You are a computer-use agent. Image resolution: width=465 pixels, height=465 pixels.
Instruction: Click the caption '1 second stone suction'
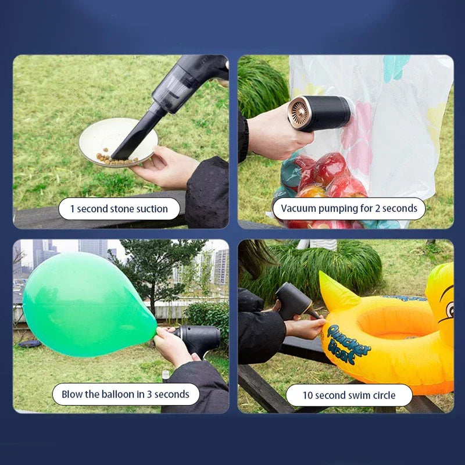coord(119,209)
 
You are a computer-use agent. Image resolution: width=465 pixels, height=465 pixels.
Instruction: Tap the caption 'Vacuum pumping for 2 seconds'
coord(349,209)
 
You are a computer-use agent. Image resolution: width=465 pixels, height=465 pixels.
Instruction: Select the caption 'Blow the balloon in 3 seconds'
coord(126,394)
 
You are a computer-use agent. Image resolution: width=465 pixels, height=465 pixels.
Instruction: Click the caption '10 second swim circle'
coord(349,395)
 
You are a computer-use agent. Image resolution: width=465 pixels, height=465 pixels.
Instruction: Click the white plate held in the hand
coord(118,142)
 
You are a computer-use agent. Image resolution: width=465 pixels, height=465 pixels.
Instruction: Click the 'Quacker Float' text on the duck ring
coord(348,344)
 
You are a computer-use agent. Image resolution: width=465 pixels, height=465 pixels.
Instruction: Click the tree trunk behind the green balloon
coord(153,302)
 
